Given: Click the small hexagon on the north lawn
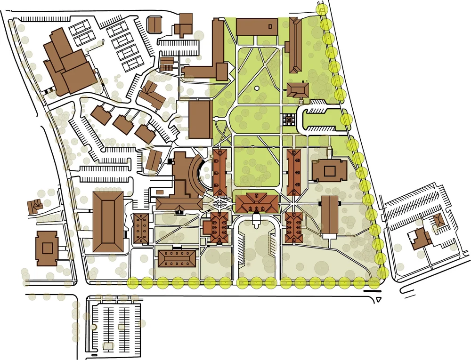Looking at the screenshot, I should [257, 88].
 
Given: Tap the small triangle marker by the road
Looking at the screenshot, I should [379, 299].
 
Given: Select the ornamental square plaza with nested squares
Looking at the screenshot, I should [288, 120].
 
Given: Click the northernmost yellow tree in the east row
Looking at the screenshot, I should [323, 10].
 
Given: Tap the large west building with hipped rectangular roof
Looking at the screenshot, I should [108, 221].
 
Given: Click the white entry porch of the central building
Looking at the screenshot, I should [256, 218].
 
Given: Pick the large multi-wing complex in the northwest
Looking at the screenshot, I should [68, 61].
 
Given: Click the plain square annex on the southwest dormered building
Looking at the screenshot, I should [208, 227].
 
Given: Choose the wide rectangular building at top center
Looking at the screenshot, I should [257, 27].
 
